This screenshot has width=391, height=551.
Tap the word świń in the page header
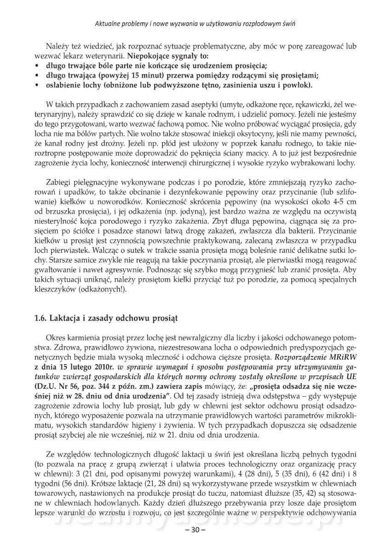tap(287, 23)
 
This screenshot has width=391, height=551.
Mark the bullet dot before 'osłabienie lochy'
tap(36, 85)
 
